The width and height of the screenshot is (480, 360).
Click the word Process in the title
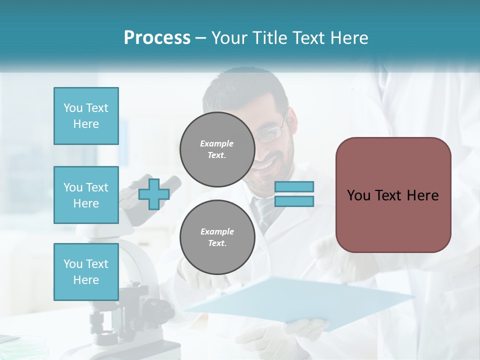[x=157, y=37]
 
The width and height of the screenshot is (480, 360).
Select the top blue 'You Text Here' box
[x=86, y=116]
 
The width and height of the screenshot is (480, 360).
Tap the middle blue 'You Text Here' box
[x=86, y=195]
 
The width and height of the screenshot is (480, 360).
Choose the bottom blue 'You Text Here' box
[x=86, y=271]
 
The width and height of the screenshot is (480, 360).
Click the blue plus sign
[x=154, y=194]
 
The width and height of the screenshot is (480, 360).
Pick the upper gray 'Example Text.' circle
[x=217, y=149]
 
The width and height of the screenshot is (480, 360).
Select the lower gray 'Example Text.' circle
[x=217, y=237]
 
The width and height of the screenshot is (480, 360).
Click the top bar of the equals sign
[x=294, y=187]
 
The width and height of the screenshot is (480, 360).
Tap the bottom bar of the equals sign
[x=294, y=201]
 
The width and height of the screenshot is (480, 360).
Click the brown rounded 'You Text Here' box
[x=393, y=195]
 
